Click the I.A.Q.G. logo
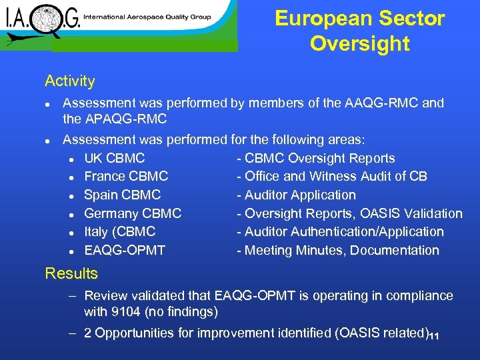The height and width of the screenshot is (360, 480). pos(41,22)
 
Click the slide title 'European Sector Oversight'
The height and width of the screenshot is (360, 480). pos(359,31)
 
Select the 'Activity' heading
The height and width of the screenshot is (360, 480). pos(70,81)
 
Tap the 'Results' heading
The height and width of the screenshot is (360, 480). pos(71,273)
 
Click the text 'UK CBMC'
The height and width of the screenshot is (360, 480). pos(114,159)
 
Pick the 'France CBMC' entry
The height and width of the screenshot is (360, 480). pos(126,177)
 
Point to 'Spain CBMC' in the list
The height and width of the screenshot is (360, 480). pos(122,195)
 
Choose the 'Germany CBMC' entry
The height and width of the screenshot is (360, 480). pos(133,214)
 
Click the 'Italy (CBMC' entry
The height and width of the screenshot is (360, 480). pos(119,232)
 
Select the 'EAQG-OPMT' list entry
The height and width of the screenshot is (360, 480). pos(125,251)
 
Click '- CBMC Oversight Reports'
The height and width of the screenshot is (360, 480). pos(315,159)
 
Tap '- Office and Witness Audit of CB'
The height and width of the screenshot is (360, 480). pos(332,177)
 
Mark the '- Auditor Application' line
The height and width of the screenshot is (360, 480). pos(296,195)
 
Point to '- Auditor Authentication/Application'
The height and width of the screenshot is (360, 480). pos(340,232)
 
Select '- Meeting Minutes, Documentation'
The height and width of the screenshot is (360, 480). pos(338,251)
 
